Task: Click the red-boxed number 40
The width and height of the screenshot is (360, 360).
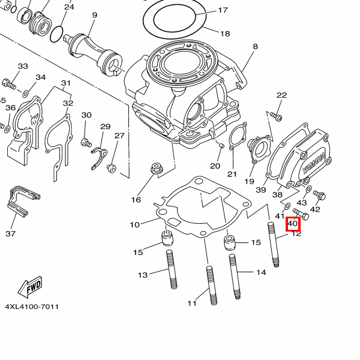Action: tap(293, 224)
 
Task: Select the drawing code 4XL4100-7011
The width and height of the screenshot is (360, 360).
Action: tap(32, 307)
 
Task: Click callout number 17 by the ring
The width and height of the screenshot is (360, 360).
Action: tap(223, 10)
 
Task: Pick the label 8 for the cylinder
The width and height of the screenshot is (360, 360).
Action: tap(255, 46)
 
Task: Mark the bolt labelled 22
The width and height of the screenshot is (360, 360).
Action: tap(275, 115)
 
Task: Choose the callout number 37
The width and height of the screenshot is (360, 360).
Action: tap(10, 233)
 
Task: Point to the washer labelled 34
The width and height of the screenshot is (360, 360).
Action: tap(25, 94)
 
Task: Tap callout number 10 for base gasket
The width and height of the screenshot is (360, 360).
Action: tap(135, 224)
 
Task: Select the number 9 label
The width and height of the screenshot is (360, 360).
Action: tap(94, 14)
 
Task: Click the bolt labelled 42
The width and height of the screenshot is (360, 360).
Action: tap(319, 195)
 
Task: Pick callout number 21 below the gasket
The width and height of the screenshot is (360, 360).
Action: tap(232, 174)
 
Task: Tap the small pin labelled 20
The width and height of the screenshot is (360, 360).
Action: tap(221, 146)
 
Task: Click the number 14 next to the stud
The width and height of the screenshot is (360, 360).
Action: tap(261, 272)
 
